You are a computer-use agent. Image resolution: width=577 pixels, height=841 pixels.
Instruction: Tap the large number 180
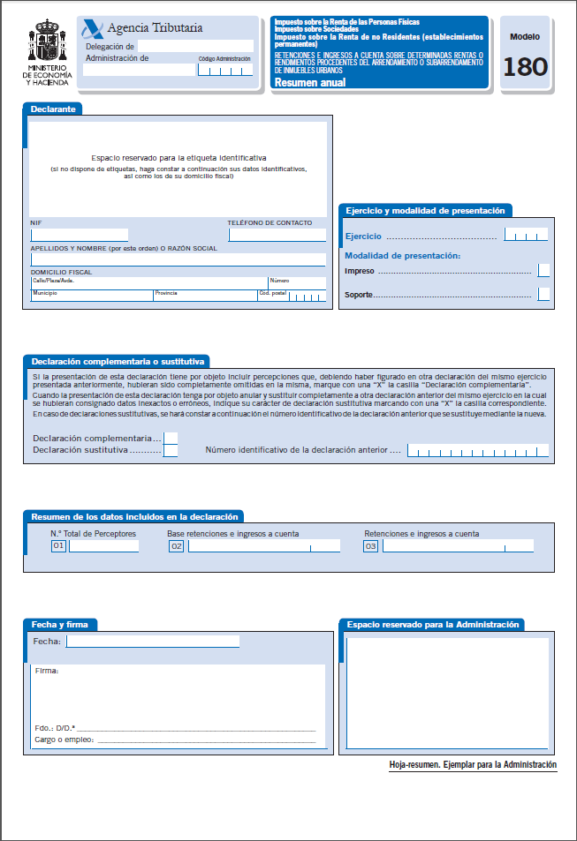coord(526,67)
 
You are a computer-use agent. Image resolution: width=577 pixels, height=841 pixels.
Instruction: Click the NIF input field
coord(80,235)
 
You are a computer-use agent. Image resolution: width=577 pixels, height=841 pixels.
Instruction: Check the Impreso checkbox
coord(543,270)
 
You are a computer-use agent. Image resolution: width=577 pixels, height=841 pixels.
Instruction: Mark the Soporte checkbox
coord(543,294)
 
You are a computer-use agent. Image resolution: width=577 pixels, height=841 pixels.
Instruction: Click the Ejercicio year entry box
coord(526,235)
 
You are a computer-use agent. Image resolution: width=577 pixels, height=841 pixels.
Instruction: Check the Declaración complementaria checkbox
coord(171,438)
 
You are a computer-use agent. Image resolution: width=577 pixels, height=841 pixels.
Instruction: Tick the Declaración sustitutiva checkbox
coord(171,450)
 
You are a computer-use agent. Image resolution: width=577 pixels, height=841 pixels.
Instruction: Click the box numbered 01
coord(59,546)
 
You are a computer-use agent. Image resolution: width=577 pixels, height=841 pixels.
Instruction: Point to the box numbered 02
coord(177,546)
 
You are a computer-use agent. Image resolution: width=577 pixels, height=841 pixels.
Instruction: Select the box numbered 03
coord(371,546)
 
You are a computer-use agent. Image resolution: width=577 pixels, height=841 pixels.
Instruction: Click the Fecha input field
coord(153,642)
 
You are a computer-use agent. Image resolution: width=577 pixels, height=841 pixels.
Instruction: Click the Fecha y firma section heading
coord(59,625)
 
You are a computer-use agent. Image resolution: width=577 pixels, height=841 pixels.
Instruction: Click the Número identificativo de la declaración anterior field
coord(477,451)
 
